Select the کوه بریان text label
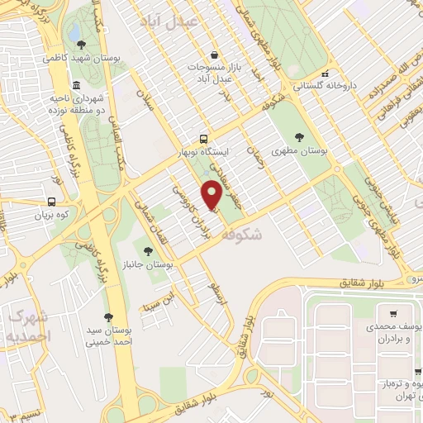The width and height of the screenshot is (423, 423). click(31, 215)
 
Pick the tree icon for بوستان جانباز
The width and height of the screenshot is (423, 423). click(149, 250)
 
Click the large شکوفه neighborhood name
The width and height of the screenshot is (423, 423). click(264, 235)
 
